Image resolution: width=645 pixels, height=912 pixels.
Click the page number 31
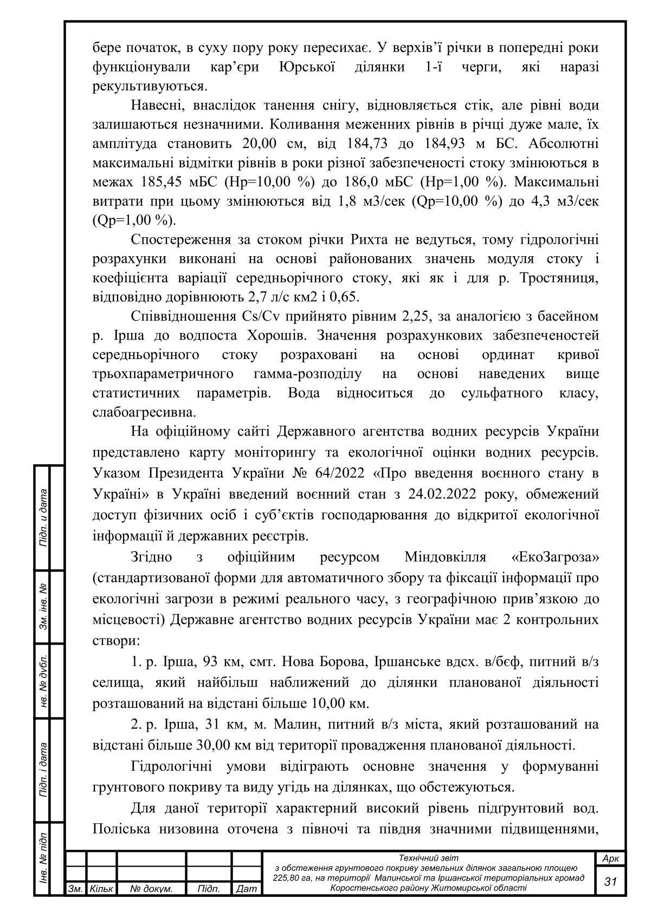pos(611,881)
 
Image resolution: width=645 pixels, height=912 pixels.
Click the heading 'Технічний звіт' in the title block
pos(428,858)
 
